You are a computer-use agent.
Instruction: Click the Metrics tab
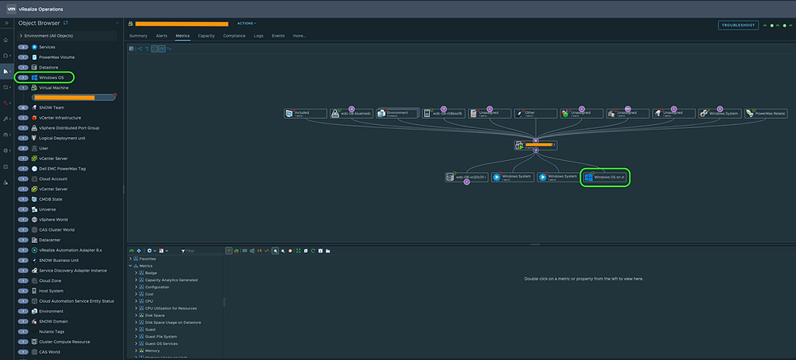[x=182, y=36]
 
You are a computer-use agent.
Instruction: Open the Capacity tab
[x=205, y=36]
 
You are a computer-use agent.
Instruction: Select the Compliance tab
[x=234, y=36]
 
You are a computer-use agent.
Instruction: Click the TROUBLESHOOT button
[x=738, y=25]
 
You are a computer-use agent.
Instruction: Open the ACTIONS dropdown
[x=246, y=24]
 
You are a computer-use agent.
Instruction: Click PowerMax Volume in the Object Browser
[x=57, y=57]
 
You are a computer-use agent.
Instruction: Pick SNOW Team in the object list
[x=52, y=108]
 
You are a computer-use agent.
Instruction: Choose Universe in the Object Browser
[x=49, y=209]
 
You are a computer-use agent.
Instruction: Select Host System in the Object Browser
[x=52, y=291]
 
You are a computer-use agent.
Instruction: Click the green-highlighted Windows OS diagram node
[x=607, y=177]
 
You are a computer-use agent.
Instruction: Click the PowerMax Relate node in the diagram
[x=766, y=114]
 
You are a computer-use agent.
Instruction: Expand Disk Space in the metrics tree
[x=136, y=315]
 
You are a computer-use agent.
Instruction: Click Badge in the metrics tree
[x=151, y=272]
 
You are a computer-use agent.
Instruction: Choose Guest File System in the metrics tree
[x=162, y=336]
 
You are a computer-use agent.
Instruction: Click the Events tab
[x=278, y=36]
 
